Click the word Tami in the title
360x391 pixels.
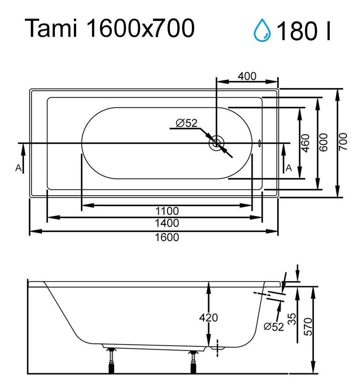tap(51, 28)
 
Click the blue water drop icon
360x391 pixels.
tap(262, 30)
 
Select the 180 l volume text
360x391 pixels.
tap(303, 31)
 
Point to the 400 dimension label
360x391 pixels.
tap(247, 76)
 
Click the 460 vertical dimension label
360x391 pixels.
tap(305, 143)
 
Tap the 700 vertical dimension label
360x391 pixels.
tap(343, 142)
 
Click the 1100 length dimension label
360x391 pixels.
tap(167, 211)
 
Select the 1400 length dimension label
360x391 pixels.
tap(167, 223)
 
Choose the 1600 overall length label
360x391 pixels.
tap(167, 237)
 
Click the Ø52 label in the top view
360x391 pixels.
tap(187, 123)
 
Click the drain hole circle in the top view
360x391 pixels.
tap(216, 143)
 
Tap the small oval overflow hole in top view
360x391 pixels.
tap(260, 143)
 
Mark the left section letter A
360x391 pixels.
tap(18, 168)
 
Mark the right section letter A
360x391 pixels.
tap(289, 168)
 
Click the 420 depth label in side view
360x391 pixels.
tap(209, 318)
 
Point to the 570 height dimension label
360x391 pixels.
tap(308, 326)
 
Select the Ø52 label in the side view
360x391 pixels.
tap(274, 327)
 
